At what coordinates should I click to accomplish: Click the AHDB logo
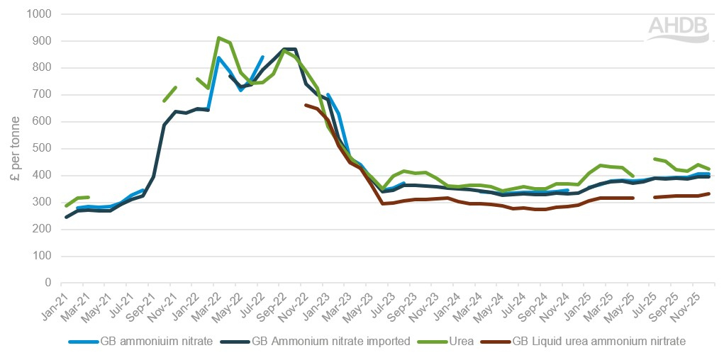678,28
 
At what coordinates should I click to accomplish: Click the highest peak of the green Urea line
219,38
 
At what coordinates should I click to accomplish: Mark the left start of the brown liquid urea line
306,105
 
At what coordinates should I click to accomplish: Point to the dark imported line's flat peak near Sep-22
289,49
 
